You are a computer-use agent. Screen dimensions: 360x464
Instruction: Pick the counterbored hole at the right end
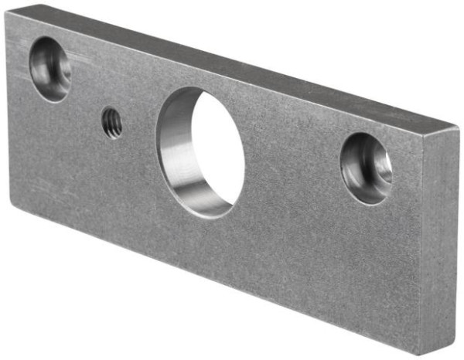click(x=367, y=168)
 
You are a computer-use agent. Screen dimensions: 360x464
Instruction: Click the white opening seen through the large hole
click(x=217, y=147)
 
